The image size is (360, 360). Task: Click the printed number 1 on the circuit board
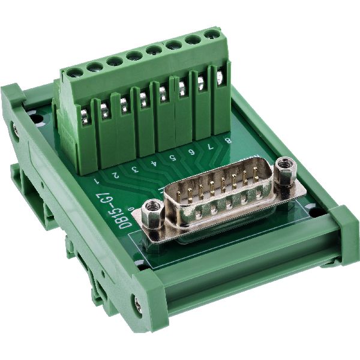pos(97,180)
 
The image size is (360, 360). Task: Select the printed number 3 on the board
pos(135,169)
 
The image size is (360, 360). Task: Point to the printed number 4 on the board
pos(154,163)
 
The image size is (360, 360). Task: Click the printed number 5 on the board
pos(172,157)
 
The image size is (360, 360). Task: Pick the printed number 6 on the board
pos(191,152)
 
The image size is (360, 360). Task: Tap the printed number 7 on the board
pos(210,146)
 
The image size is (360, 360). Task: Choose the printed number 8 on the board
pos(228,140)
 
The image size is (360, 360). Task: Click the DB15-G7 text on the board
pos(126,211)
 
